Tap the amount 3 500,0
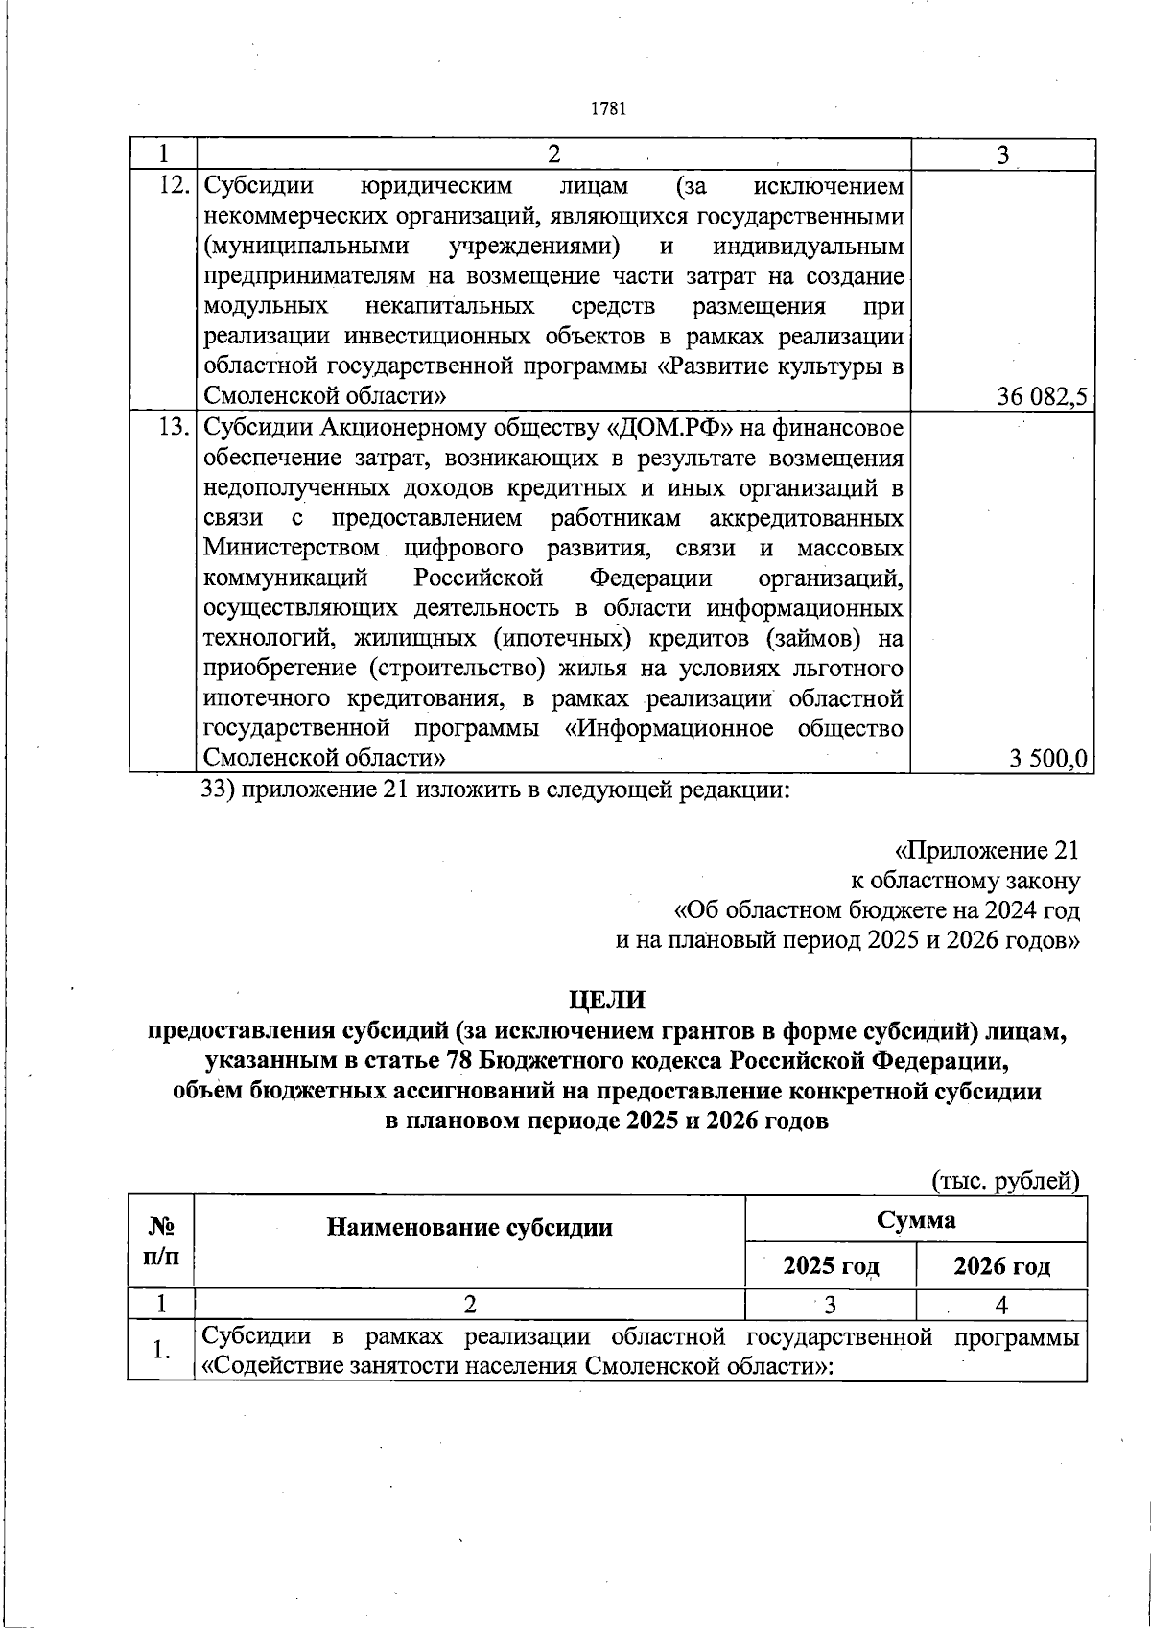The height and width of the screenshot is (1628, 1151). point(1047,759)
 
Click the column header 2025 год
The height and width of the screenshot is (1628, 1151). point(831,1266)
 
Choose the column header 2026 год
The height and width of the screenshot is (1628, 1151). point(1001,1266)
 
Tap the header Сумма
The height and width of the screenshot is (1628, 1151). point(915,1220)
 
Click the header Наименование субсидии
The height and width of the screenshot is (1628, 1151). point(470,1227)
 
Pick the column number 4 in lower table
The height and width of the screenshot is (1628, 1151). point(1001,1305)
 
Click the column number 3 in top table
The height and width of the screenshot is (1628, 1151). point(1002,155)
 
